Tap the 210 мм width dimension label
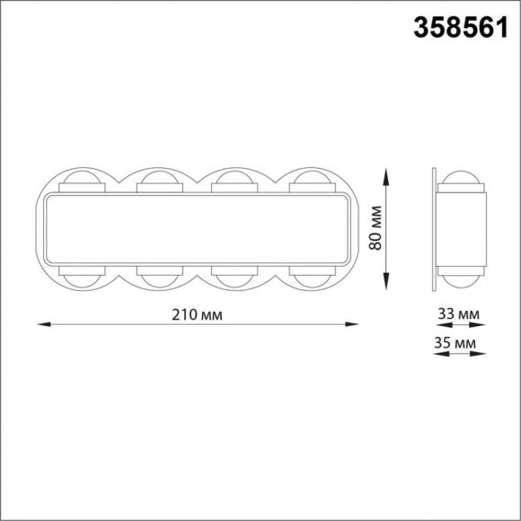[197, 314]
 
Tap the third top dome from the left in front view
[235, 178]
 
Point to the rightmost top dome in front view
[313, 178]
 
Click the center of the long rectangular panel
[197, 228]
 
